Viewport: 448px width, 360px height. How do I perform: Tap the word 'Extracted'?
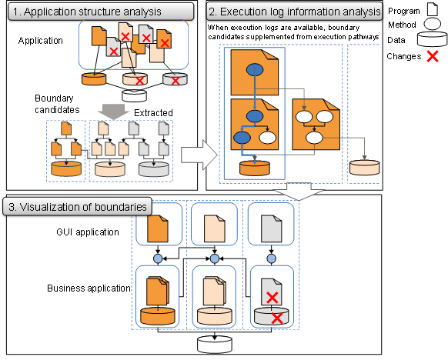152,113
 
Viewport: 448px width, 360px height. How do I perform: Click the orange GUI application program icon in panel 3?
158,226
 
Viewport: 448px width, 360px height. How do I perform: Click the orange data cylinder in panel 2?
254,168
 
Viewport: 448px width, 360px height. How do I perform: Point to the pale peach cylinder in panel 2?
365,168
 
